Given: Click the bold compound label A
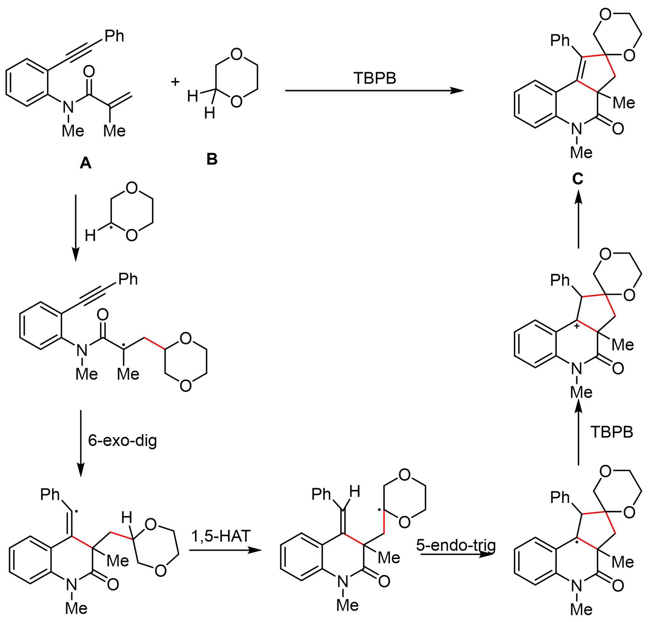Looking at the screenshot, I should click(85, 163).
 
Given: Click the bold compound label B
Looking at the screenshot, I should click(212, 159).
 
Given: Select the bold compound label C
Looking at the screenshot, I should click(578, 179).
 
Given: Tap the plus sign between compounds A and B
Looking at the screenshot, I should click(175, 81).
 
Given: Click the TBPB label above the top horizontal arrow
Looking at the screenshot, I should click(374, 78).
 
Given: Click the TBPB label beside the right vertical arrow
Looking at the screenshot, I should click(612, 432).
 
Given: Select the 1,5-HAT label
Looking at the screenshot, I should click(221, 536).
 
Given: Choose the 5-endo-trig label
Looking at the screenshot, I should click(456, 545).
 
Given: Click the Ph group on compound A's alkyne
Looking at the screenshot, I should click(114, 36).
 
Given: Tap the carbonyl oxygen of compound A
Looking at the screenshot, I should click(89, 71).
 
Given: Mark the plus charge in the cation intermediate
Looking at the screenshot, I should click(577, 326).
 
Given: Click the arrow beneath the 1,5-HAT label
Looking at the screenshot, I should click(225, 550).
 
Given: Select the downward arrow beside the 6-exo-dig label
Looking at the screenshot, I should click(81, 443).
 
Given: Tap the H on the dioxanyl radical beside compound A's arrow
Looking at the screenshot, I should click(90, 235).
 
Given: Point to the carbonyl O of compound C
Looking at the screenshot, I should click(618, 128).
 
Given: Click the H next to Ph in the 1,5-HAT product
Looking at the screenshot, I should click(355, 492).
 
